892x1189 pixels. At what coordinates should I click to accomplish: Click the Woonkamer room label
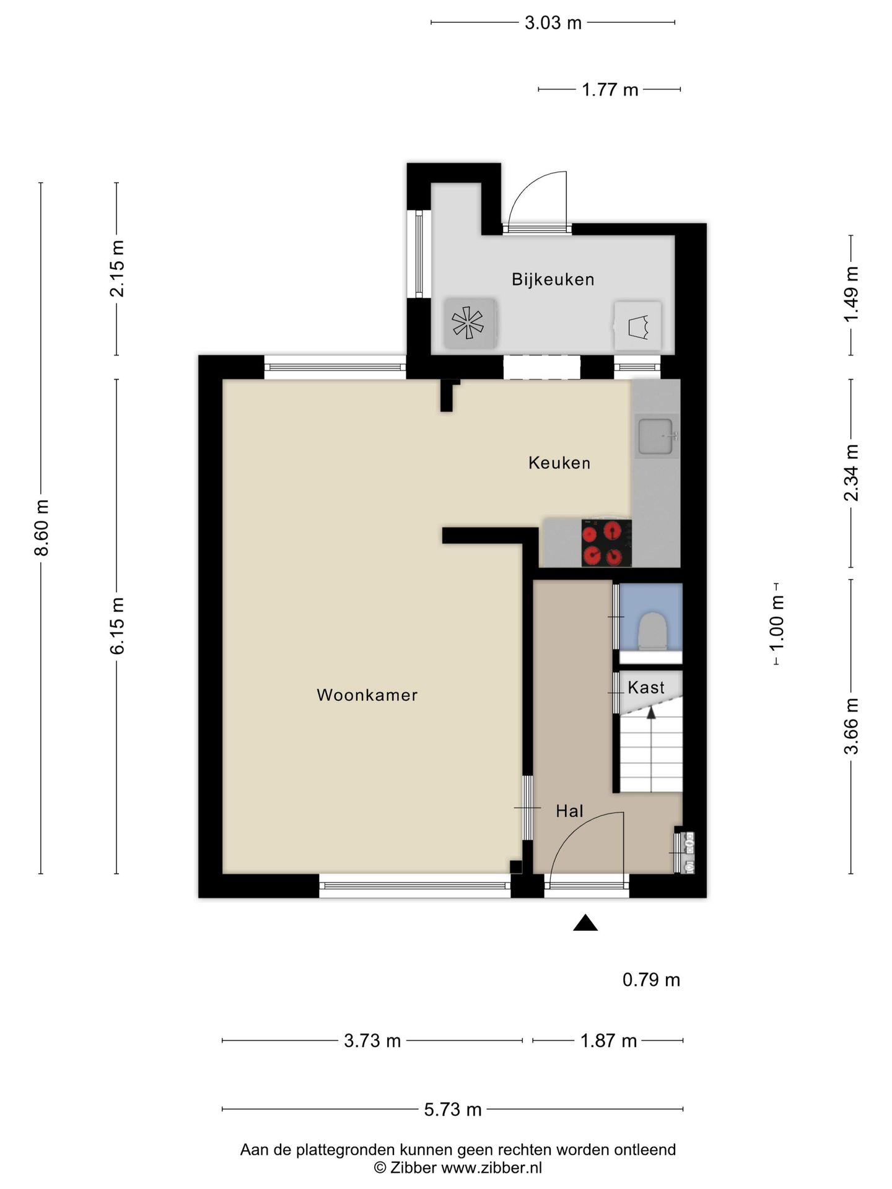point(367,695)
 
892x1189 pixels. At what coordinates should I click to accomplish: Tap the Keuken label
point(559,463)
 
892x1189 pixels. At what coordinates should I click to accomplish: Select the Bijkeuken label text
point(553,279)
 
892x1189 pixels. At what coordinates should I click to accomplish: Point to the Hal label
point(569,811)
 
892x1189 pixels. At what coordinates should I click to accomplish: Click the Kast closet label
point(645,687)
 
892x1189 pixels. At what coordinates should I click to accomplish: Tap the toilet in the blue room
point(652,630)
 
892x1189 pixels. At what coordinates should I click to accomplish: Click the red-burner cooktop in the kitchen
point(606,542)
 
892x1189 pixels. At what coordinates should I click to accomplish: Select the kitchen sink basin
point(656,437)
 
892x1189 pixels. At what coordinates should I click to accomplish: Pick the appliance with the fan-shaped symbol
point(470,323)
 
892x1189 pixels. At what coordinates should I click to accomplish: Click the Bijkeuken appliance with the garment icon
point(637,326)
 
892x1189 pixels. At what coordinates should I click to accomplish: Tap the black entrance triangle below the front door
point(585,923)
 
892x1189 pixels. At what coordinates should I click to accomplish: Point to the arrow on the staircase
point(651,749)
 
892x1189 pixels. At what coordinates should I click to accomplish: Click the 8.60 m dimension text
point(42,528)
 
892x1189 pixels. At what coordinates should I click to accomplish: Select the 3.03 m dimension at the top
point(553,23)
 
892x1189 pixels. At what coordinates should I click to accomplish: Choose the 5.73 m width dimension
point(453,1109)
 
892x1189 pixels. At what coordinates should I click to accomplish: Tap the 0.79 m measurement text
point(651,980)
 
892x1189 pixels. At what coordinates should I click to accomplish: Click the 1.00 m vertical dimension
point(776,623)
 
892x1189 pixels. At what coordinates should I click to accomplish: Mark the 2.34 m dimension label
point(851,473)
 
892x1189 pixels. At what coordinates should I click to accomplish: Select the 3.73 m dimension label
point(372,1040)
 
